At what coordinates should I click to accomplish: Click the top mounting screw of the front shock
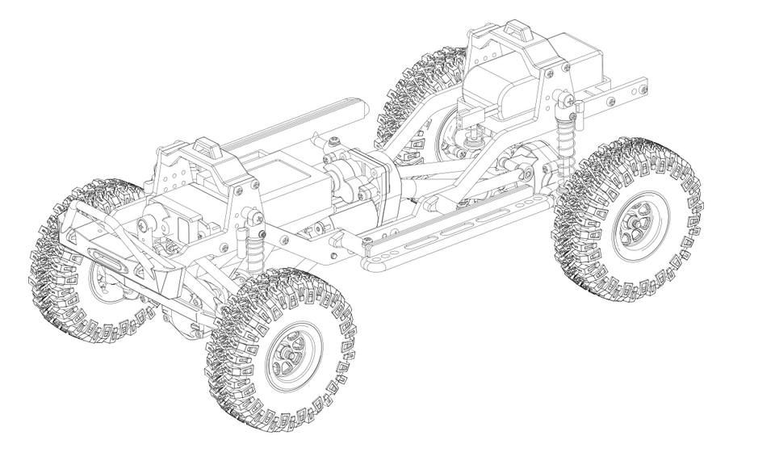tap(257, 216)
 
